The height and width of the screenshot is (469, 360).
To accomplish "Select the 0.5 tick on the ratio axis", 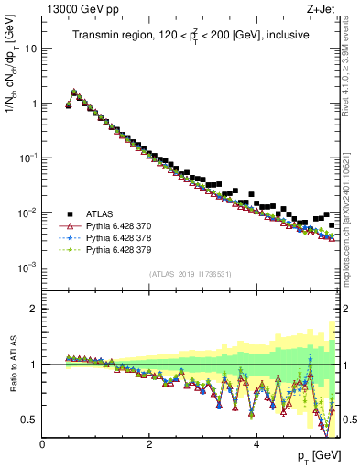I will pos(30,420).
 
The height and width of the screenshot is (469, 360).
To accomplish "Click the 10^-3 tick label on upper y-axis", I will pos(27,267).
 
